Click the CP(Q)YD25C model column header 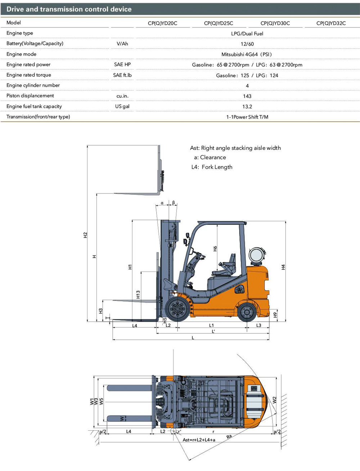click(219, 23)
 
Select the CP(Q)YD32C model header click(331, 23)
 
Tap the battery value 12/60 click(247, 44)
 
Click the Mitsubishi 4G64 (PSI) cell click(247, 54)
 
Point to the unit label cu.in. click(122, 96)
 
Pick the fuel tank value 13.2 click(247, 106)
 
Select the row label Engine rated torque click(29, 75)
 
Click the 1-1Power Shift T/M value click(247, 117)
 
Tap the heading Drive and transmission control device click(69, 9)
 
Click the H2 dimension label click(85, 235)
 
